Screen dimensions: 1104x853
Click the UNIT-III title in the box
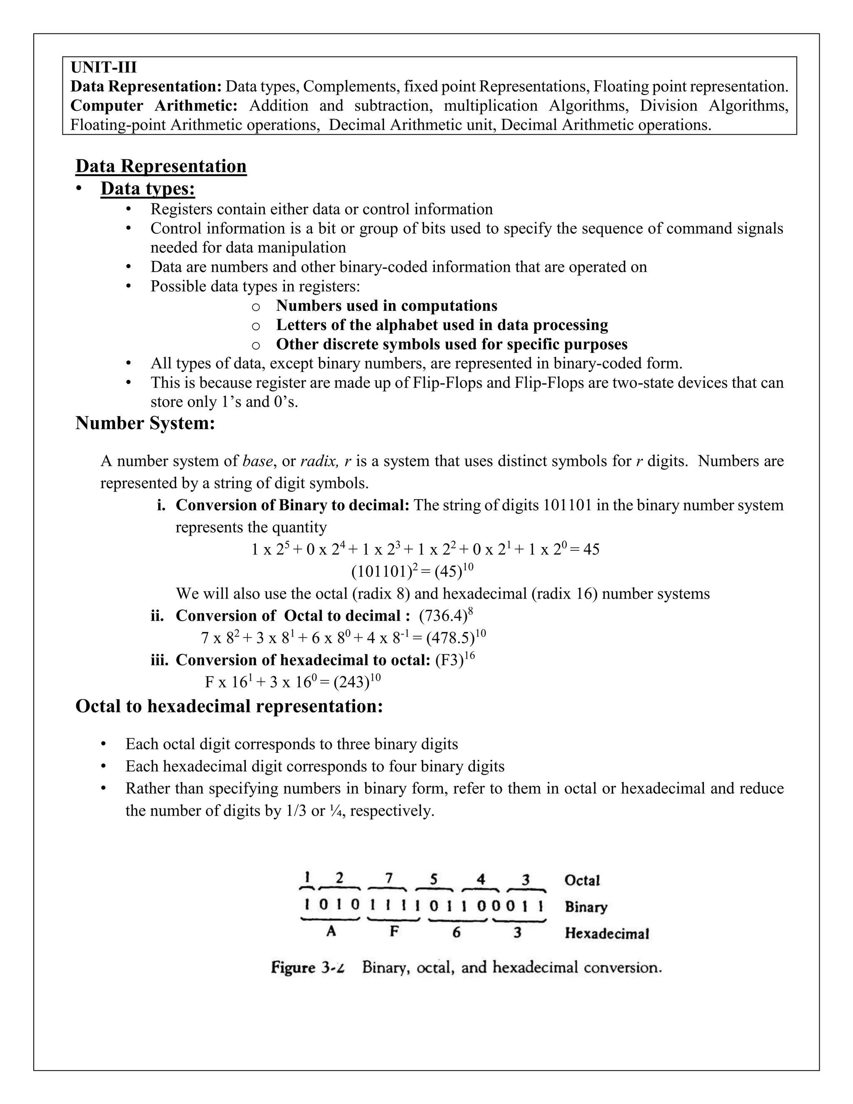tap(104, 67)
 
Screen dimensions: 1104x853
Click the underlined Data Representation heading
tap(161, 166)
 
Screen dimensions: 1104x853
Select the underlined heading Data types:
tap(147, 189)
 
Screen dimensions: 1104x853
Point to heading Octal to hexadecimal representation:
tap(229, 706)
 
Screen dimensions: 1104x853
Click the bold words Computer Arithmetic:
tap(154, 106)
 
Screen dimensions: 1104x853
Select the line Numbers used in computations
tap(387, 306)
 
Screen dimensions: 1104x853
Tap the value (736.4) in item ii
tap(443, 616)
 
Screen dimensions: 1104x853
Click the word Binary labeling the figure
tap(586, 907)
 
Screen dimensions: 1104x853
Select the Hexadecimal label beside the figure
tap(606, 933)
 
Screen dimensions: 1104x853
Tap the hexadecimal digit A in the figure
tap(331, 931)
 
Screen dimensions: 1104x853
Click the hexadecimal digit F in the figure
tap(394, 931)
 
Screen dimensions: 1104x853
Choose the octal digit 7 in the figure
tap(388, 879)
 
